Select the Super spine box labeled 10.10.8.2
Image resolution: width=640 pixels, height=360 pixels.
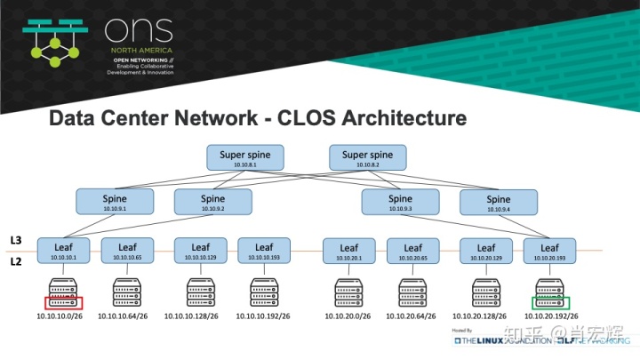367,158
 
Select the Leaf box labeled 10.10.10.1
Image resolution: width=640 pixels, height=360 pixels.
65,251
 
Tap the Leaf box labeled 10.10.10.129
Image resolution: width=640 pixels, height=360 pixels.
201,251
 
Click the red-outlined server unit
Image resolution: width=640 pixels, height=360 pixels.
63,302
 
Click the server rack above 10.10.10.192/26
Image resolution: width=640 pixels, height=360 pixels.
264,292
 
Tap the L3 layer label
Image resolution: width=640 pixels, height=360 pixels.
16,241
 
